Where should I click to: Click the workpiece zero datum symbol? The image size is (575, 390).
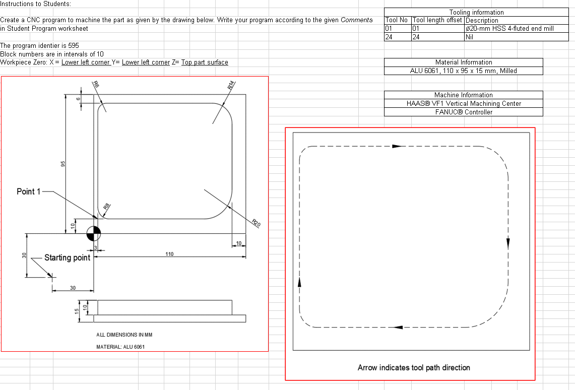[x=94, y=233]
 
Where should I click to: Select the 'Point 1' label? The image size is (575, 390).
[x=29, y=191]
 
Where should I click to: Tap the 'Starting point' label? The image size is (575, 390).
[x=67, y=258]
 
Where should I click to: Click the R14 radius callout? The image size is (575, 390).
[x=231, y=85]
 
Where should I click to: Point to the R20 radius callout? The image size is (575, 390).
[x=255, y=222]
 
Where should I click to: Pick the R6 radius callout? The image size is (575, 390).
[x=96, y=85]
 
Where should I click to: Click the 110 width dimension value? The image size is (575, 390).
[x=169, y=254]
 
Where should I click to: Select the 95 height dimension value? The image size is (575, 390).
[x=63, y=164]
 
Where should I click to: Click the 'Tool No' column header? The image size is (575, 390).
[x=397, y=20]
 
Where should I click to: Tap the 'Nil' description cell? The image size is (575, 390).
[x=470, y=37]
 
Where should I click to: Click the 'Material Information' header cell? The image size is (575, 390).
[x=464, y=62]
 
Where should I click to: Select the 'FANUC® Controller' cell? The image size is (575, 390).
[x=464, y=112]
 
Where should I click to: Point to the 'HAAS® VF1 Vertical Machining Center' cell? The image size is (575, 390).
[x=464, y=103]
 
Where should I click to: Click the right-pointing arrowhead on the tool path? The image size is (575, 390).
[x=398, y=146]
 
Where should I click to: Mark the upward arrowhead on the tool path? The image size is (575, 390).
[x=299, y=282]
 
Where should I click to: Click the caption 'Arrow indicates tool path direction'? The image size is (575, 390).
[x=414, y=367]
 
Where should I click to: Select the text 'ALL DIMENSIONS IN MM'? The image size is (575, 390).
[x=124, y=335]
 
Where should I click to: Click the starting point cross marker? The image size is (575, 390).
[x=50, y=276]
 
